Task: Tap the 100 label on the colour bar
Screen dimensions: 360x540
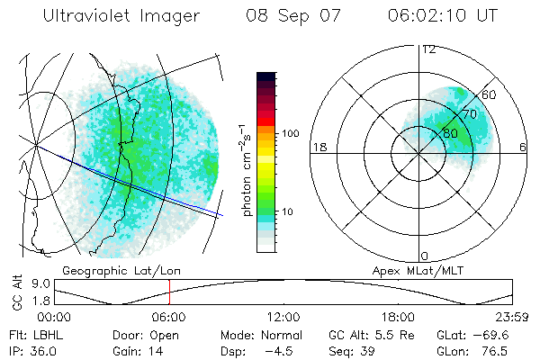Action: tap(290, 132)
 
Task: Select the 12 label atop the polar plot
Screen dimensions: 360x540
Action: tap(428, 49)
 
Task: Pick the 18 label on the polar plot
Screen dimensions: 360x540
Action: tap(318, 147)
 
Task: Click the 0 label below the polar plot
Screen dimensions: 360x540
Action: tap(425, 256)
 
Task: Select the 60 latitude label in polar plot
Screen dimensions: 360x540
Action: tap(490, 94)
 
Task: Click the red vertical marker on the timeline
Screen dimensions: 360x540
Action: tap(169, 292)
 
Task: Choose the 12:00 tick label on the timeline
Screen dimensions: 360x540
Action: tap(283, 317)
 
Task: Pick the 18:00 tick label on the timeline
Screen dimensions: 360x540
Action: tap(398, 317)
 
